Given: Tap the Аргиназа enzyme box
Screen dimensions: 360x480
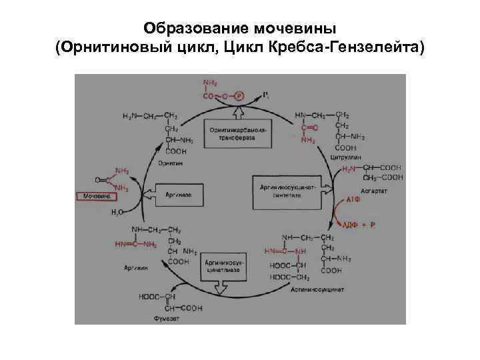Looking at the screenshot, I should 178,194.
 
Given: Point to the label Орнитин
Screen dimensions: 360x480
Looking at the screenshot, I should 169,163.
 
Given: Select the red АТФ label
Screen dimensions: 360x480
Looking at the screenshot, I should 353,199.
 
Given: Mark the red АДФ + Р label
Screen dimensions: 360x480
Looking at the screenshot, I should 360,225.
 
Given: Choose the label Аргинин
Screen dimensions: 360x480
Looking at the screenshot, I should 135,267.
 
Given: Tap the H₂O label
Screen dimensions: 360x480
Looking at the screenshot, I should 116,213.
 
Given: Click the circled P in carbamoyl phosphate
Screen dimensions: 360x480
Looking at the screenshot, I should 239,96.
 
